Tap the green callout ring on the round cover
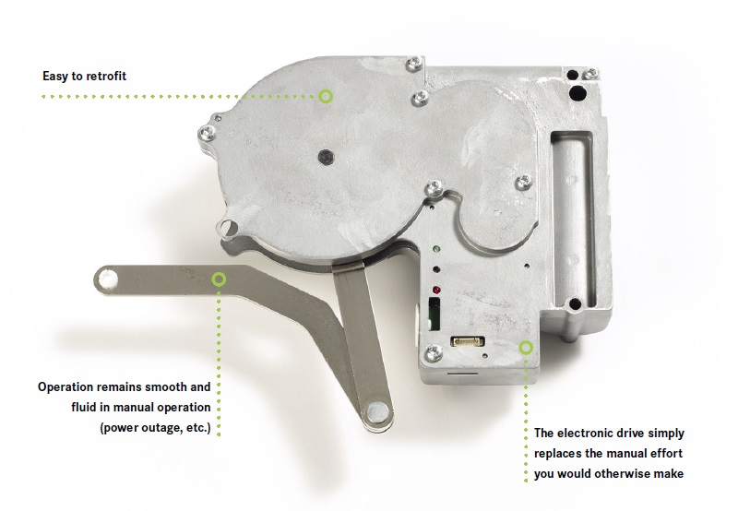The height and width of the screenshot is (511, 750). point(326,96)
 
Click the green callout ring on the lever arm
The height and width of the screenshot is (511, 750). point(219,279)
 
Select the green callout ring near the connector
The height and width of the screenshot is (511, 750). point(526,348)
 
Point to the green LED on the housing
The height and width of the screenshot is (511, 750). point(436,249)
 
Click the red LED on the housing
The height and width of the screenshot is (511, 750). point(436,290)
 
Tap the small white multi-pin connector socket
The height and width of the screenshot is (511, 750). point(468,341)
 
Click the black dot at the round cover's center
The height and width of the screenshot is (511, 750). point(326,156)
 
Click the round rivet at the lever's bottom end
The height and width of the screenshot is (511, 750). point(377,410)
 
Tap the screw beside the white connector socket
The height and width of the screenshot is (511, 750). point(435,353)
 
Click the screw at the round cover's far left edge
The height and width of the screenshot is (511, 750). point(207,133)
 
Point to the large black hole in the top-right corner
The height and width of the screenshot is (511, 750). point(577,93)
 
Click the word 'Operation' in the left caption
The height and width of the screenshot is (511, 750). point(66,387)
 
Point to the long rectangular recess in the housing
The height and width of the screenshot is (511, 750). point(573,220)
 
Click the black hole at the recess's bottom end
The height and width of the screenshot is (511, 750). point(575,303)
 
